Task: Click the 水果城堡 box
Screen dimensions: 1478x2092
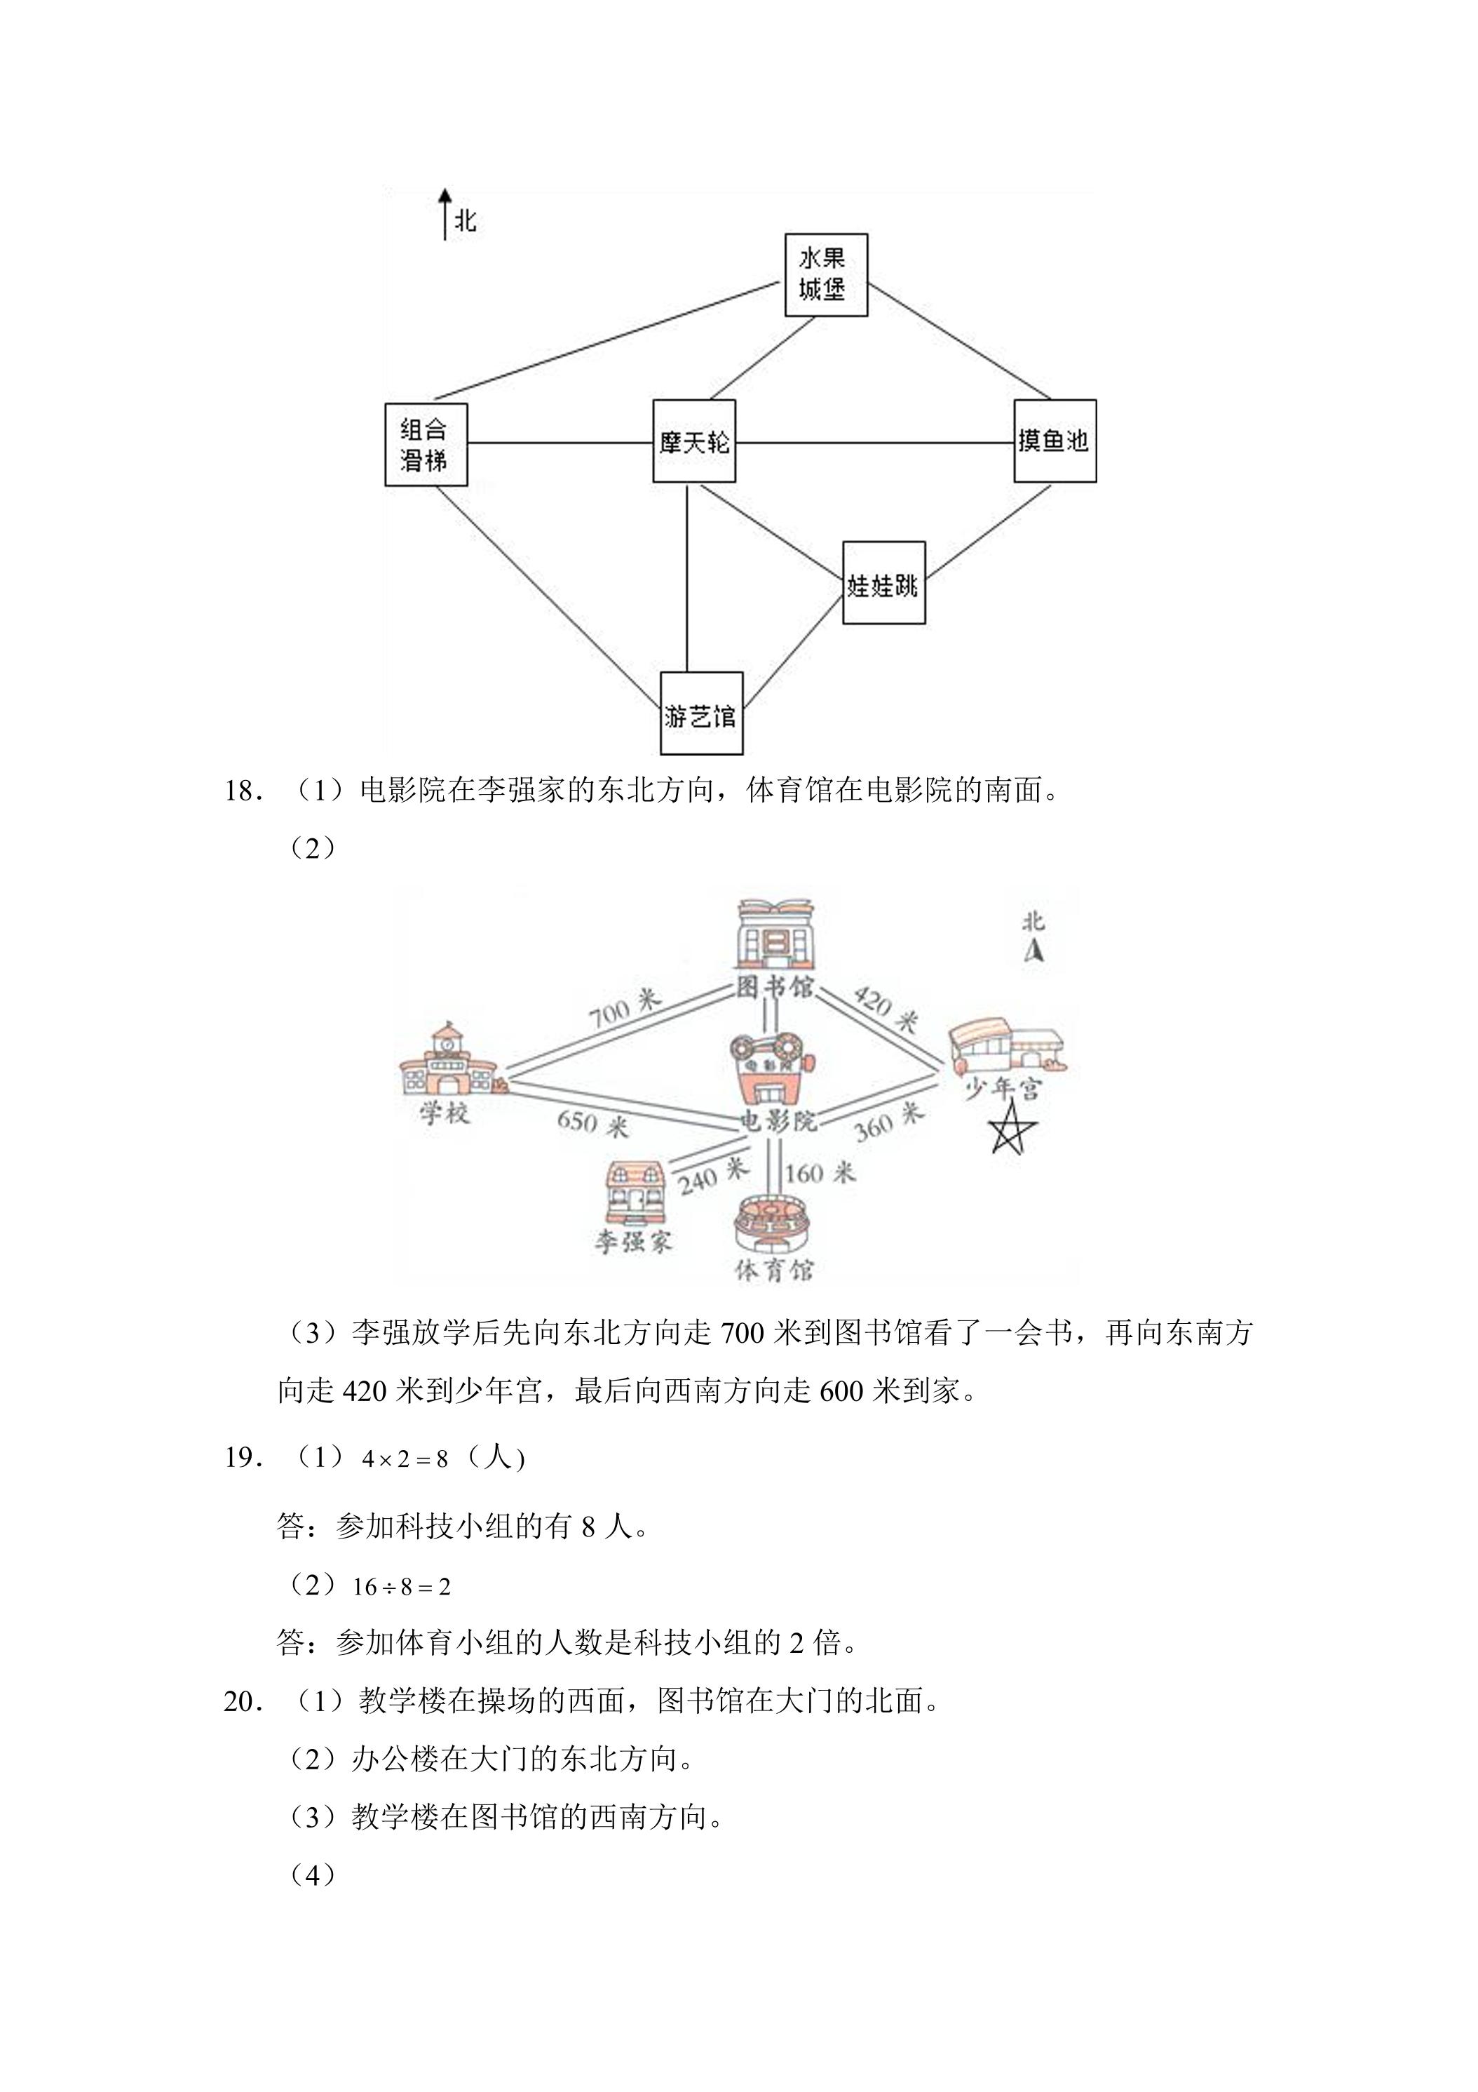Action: pos(826,275)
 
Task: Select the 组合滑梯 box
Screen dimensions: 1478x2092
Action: pos(426,445)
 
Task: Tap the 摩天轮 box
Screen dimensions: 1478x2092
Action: pos(694,441)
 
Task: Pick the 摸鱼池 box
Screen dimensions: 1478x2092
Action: pos(1055,441)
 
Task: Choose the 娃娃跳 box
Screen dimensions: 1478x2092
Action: pos(883,583)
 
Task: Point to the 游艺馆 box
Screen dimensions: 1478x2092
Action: pos(701,713)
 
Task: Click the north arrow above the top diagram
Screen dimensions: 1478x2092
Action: pos(445,215)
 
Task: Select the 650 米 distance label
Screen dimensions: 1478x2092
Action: pos(593,1122)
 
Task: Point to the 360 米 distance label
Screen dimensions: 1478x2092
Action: pos(889,1122)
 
